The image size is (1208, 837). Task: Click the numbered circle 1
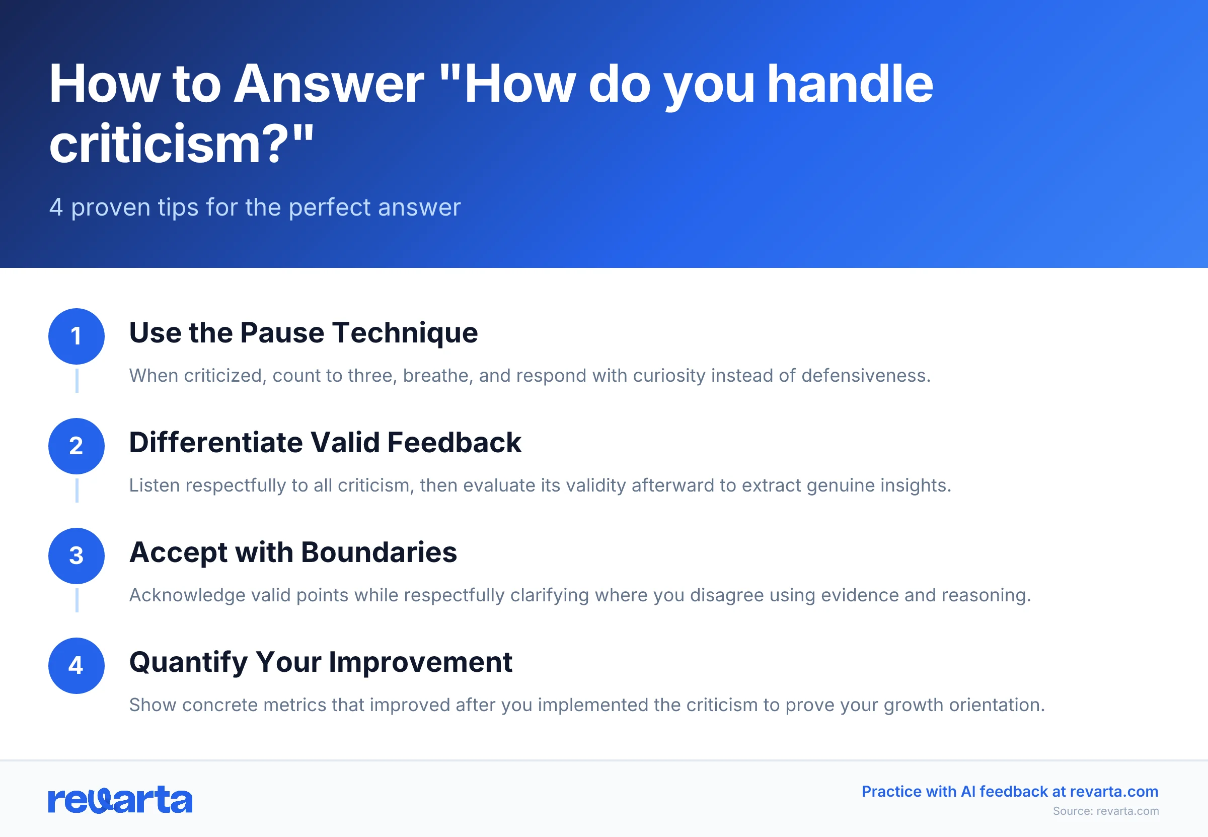tap(77, 336)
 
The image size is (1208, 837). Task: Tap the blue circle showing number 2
tap(77, 446)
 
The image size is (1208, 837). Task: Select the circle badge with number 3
tap(77, 555)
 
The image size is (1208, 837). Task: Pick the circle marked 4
tap(77, 665)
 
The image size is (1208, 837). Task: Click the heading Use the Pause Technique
tap(303, 333)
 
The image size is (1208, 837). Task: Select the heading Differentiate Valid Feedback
tap(325, 443)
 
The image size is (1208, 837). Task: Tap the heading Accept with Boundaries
tap(293, 552)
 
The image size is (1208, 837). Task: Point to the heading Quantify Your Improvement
tap(320, 662)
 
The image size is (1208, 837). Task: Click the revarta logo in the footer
tap(120, 800)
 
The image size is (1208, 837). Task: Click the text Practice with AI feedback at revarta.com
tap(1009, 791)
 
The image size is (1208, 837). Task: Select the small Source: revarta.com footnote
tap(1105, 811)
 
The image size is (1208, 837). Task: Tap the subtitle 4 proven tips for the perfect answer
tap(255, 207)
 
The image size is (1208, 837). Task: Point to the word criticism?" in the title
tap(181, 144)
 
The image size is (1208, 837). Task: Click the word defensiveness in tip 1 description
tap(865, 376)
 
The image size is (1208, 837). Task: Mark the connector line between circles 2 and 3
tap(77, 491)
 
